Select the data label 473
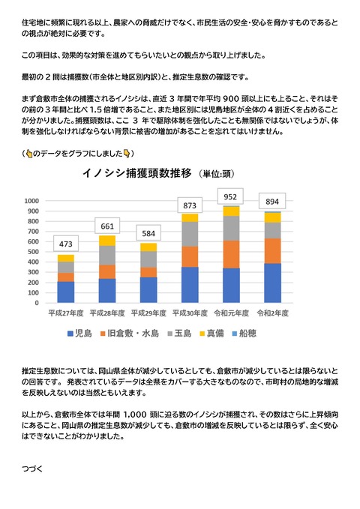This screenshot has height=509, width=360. pyautogui.click(x=66, y=244)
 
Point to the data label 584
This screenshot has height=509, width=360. pyautogui.click(x=148, y=232)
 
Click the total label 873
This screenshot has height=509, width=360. pyautogui.click(x=189, y=205)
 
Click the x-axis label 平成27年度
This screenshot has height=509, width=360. pyautogui.click(x=65, y=311)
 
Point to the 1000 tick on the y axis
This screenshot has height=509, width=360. pyautogui.click(x=32, y=201)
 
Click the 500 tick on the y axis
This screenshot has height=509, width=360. pyautogui.click(x=34, y=252)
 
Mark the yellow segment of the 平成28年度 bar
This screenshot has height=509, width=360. pyautogui.click(x=107, y=241)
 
